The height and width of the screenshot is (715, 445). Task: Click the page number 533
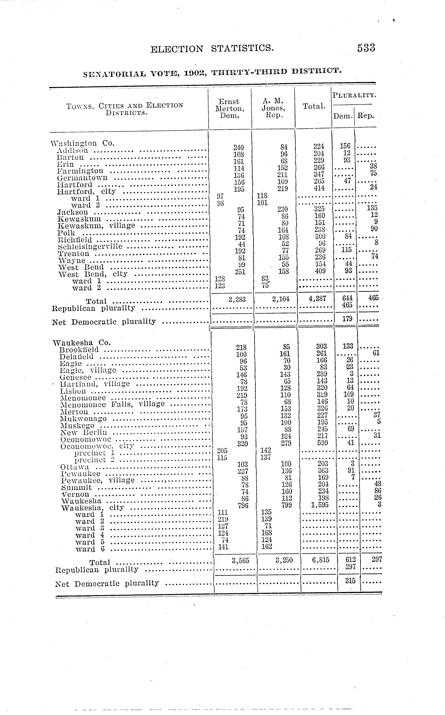click(x=366, y=48)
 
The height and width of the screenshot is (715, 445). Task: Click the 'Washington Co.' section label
click(x=82, y=143)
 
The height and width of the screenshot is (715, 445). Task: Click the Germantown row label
click(x=82, y=178)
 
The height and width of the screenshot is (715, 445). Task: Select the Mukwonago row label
click(x=83, y=419)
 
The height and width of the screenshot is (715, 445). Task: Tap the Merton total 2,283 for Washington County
click(x=237, y=299)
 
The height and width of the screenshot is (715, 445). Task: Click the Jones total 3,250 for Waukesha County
click(x=284, y=560)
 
